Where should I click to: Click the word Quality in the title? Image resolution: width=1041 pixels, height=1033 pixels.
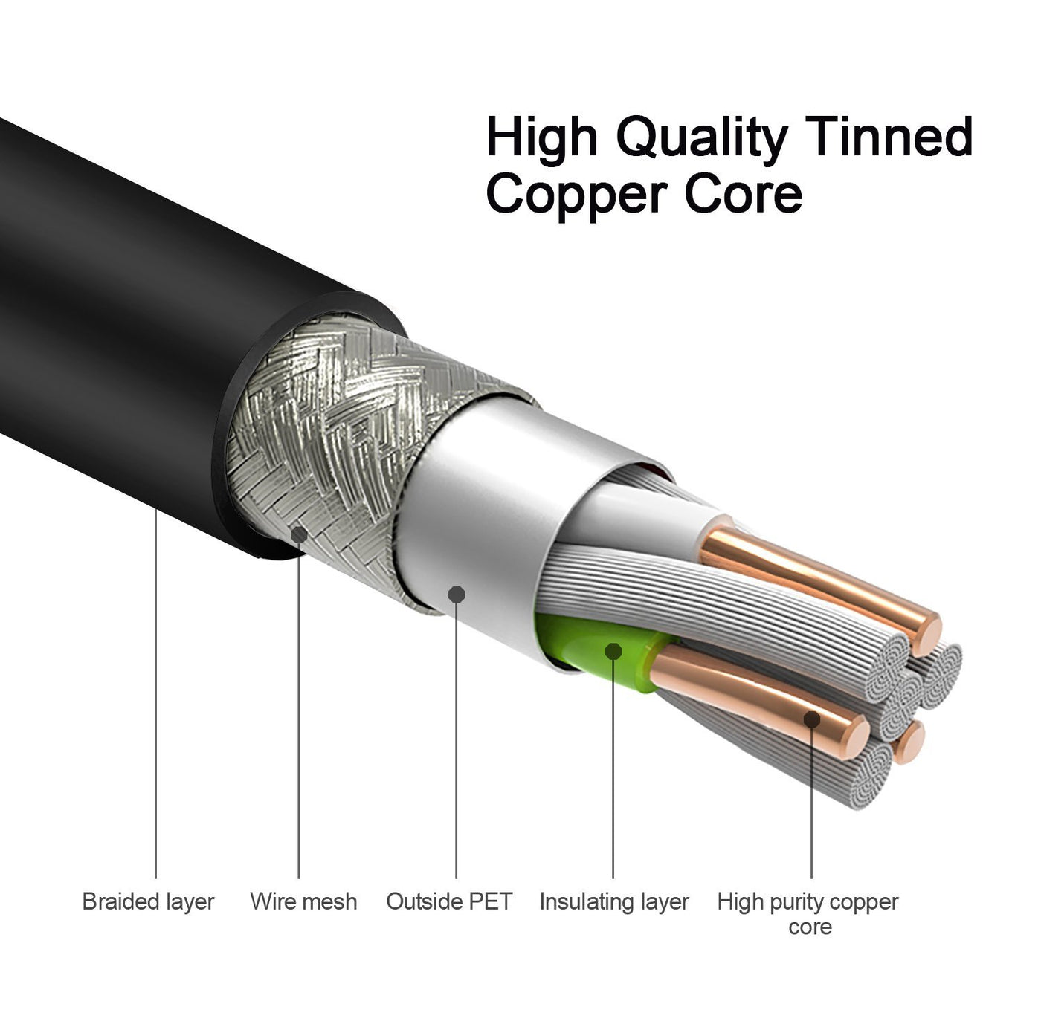click(x=702, y=138)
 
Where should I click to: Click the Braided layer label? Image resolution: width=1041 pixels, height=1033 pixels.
click(x=148, y=901)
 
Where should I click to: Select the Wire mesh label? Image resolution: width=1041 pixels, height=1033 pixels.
click(x=303, y=901)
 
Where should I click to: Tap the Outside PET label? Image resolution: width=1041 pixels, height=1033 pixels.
click(x=449, y=901)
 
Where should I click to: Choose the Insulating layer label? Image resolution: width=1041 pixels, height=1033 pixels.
click(x=614, y=901)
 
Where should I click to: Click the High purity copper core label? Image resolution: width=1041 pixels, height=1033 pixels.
click(x=808, y=913)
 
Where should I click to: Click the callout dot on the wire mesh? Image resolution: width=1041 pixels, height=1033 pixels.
click(x=299, y=534)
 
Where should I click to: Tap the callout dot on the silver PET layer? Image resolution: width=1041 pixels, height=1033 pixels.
click(x=457, y=595)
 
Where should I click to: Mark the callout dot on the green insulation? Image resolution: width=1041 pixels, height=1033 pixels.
click(x=613, y=651)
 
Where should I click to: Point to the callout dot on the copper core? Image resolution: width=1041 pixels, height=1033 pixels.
click(x=812, y=719)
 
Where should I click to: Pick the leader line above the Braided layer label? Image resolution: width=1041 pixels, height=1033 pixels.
click(x=156, y=693)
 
